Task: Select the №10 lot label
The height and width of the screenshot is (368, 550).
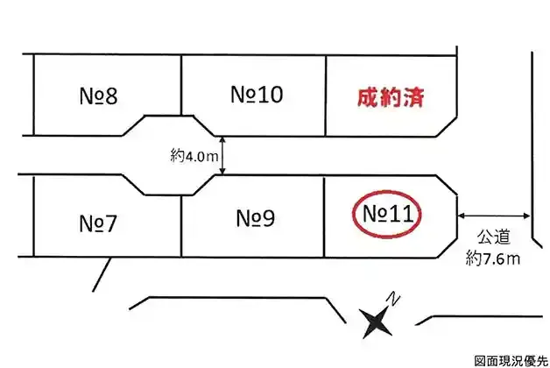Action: pyautogui.click(x=257, y=94)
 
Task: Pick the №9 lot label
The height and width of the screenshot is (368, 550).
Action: pyautogui.click(x=256, y=216)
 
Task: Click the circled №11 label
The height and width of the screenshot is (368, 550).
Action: pyautogui.click(x=387, y=214)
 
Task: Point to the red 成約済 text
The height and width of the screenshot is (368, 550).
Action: pyautogui.click(x=391, y=97)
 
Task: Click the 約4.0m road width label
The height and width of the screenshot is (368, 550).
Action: pyautogui.click(x=193, y=156)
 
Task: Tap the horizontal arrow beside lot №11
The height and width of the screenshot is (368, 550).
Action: pyautogui.click(x=493, y=215)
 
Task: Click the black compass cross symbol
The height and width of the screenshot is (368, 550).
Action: pyautogui.click(x=377, y=321)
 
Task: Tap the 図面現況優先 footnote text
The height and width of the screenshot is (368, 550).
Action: pyautogui.click(x=511, y=360)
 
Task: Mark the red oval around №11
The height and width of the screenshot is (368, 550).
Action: pyautogui.click(x=352, y=214)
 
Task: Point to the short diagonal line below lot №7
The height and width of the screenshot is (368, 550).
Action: pyautogui.click(x=103, y=273)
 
